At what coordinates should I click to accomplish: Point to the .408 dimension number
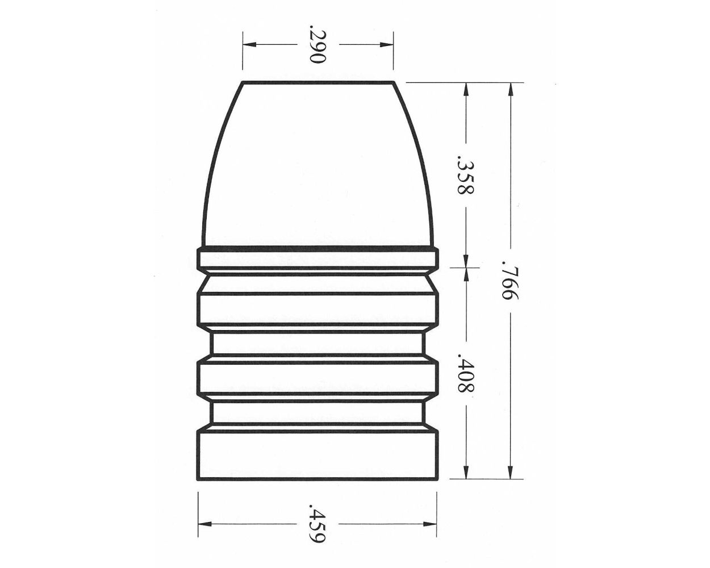(466, 375)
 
